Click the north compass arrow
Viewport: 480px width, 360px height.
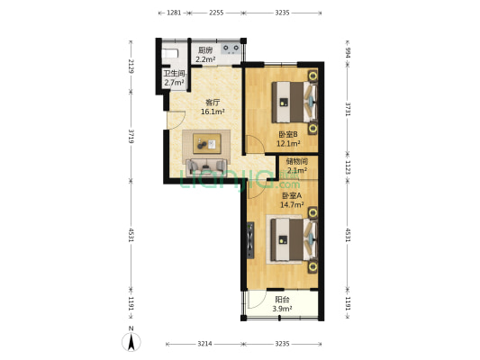coord(131,339)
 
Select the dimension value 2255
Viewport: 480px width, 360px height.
coord(216,13)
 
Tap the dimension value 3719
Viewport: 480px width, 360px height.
coord(131,137)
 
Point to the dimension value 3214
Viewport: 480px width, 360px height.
coord(204,344)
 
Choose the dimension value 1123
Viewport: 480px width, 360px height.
coord(347,166)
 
